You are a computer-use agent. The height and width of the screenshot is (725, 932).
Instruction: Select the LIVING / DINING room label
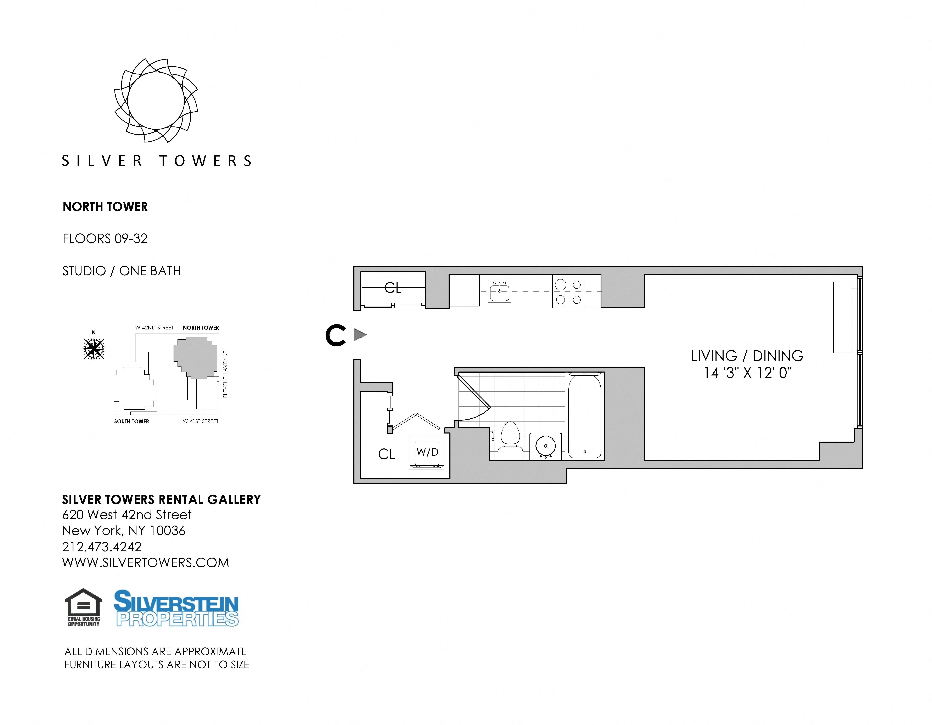[747, 355]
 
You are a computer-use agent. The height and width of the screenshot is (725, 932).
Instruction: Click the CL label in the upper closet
[393, 288]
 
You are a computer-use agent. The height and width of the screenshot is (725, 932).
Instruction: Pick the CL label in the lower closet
[387, 454]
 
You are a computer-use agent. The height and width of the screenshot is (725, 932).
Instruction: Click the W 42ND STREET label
[155, 328]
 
